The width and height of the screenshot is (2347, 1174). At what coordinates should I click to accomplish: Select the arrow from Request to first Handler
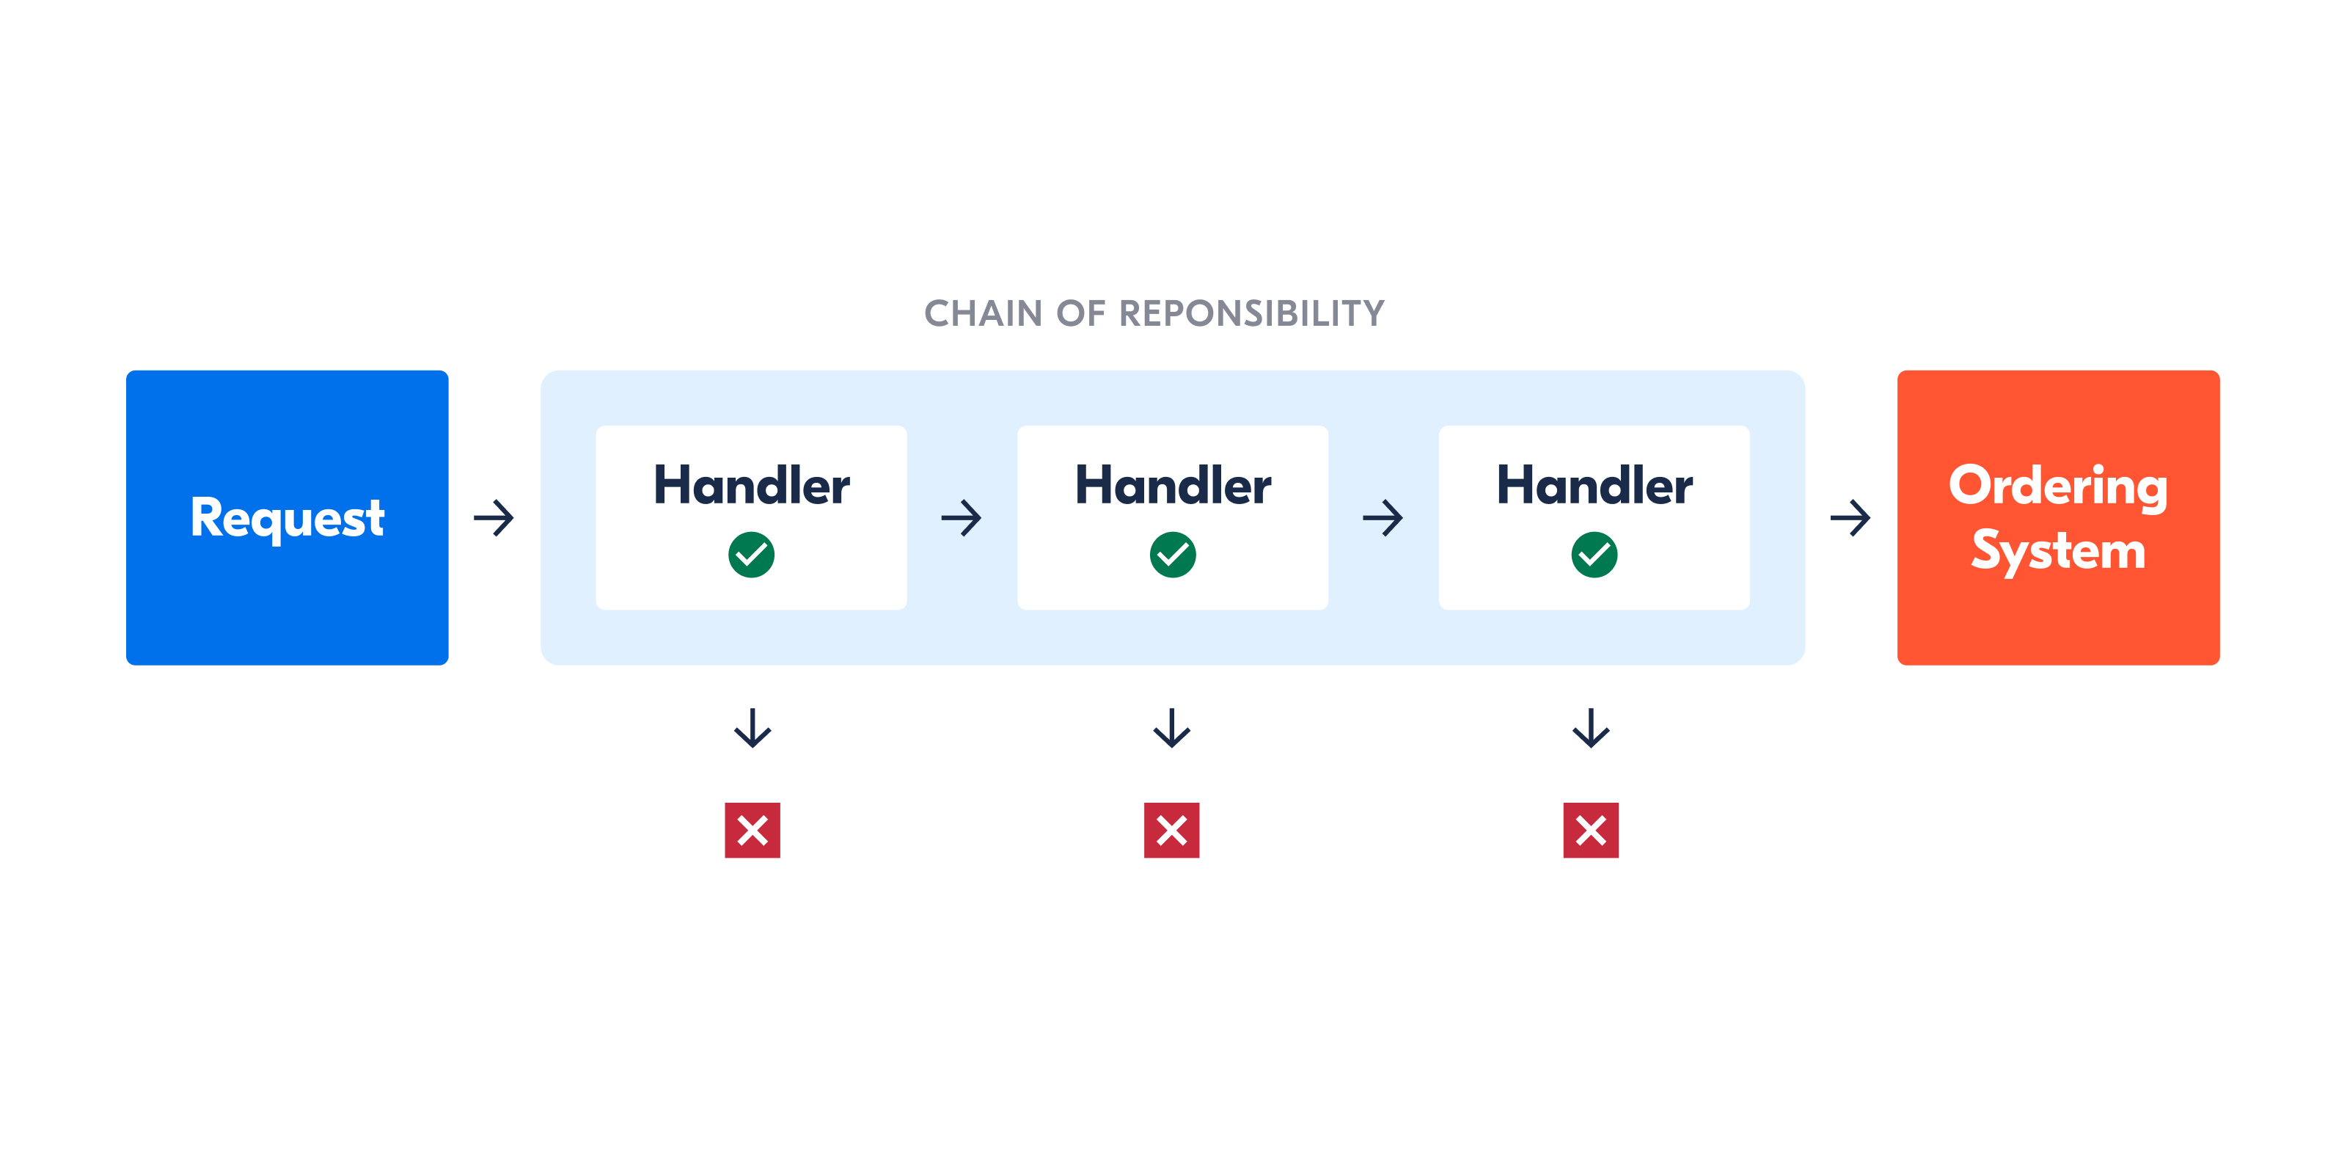pyautogui.click(x=494, y=518)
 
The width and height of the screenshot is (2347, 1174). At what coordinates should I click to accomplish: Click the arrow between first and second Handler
pyautogui.click(x=962, y=518)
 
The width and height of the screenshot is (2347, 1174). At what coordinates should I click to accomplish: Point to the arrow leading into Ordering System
pyautogui.click(x=1850, y=518)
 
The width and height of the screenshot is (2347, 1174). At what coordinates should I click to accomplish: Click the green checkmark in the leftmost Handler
pyautogui.click(x=752, y=554)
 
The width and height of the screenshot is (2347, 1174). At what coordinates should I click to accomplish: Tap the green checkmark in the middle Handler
pyautogui.click(x=1173, y=554)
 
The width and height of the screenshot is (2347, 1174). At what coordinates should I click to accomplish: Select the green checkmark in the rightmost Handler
pyautogui.click(x=1594, y=554)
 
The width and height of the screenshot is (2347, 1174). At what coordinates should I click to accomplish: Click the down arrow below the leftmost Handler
pyautogui.click(x=753, y=727)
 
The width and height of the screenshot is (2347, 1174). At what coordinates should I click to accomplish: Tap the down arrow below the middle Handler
pyautogui.click(x=1172, y=727)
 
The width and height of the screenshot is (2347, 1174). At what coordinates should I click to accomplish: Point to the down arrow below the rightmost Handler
pyautogui.click(x=1591, y=727)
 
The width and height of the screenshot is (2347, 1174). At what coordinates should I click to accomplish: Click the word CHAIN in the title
pyautogui.click(x=983, y=313)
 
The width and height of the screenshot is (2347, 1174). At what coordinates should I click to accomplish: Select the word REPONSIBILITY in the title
pyautogui.click(x=1251, y=313)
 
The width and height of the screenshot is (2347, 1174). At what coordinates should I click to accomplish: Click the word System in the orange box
pyautogui.click(x=2058, y=550)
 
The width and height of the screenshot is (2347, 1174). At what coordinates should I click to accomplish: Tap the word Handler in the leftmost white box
pyautogui.click(x=752, y=485)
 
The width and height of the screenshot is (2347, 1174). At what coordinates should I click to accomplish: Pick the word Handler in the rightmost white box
pyautogui.click(x=1594, y=485)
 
